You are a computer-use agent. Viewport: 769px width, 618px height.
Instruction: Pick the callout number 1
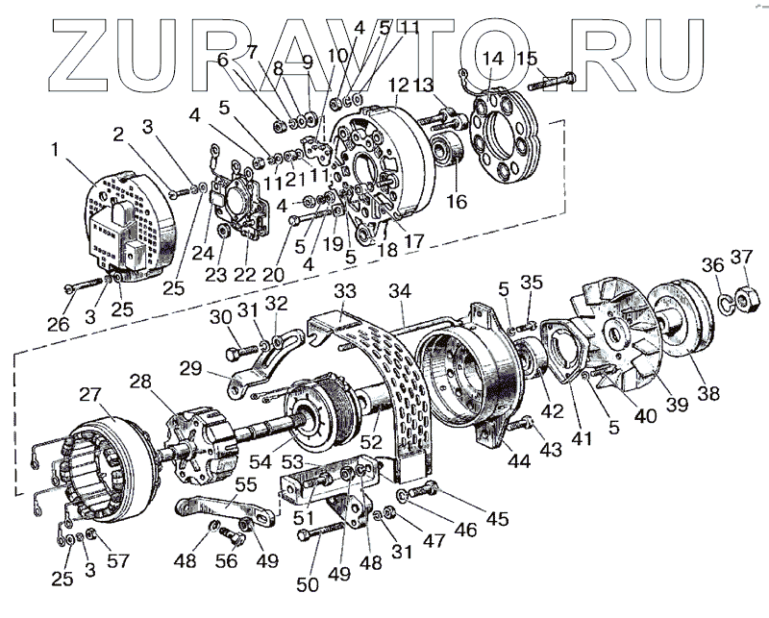[55, 149]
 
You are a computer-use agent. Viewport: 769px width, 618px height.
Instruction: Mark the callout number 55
[246, 485]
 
